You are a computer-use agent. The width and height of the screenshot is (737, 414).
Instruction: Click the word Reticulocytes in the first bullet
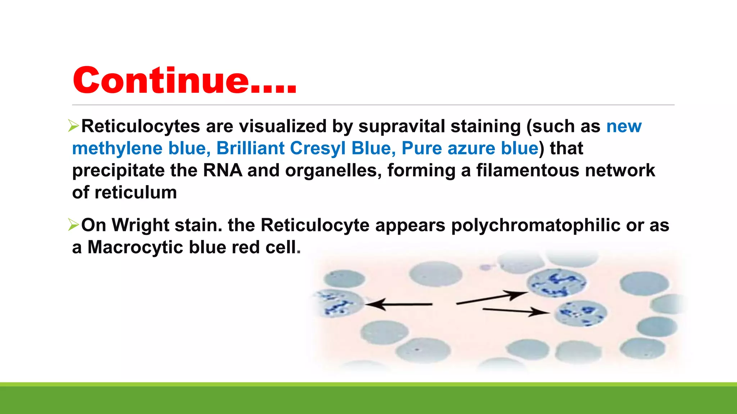pos(140,126)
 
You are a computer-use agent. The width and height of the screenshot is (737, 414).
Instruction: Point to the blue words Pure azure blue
pos(470,148)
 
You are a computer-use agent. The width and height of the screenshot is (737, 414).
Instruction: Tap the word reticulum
pos(136,193)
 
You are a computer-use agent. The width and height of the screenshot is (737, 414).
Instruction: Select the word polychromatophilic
pos(535,225)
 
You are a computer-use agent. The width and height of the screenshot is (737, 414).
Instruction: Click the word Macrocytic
pos(135,248)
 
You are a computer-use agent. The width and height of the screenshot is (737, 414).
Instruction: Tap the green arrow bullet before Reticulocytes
pos(73,126)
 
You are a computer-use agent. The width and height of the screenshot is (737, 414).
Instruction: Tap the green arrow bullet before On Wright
pos(73,225)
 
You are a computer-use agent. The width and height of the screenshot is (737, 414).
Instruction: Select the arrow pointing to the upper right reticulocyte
pos(492,298)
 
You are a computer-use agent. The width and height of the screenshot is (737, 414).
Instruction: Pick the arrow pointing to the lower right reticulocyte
pos(515,311)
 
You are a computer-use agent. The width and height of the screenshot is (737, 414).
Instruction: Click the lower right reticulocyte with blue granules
pos(580,313)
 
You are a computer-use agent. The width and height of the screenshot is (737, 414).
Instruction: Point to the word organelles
pos(333,170)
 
